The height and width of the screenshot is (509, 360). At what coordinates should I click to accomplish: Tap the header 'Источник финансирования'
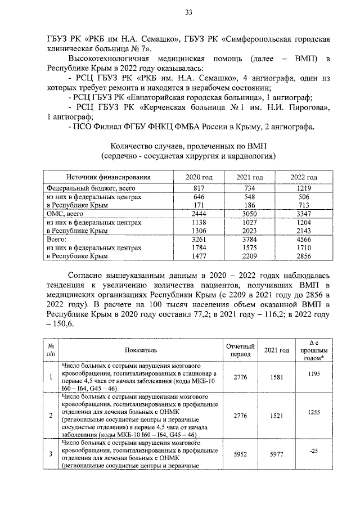(x=108, y=178)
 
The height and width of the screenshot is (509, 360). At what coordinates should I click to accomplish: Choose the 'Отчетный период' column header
(x=241, y=350)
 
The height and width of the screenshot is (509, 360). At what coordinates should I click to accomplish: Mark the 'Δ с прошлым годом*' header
(x=314, y=350)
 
